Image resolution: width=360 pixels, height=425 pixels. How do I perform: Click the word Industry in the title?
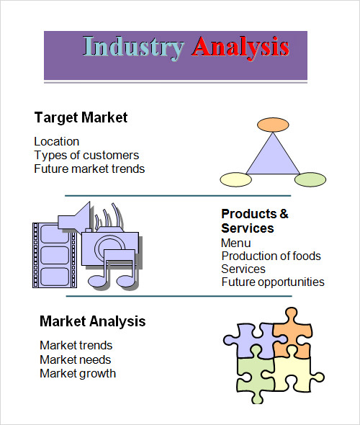(x=133, y=48)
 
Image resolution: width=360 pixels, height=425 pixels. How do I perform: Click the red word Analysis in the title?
(x=240, y=48)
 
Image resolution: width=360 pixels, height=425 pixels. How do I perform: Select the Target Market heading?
(x=81, y=118)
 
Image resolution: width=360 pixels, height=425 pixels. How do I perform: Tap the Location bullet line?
(x=57, y=141)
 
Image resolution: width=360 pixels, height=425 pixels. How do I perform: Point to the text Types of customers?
(x=86, y=156)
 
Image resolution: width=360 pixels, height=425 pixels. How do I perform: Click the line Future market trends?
(x=89, y=169)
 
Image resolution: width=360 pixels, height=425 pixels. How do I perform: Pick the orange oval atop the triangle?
(x=273, y=125)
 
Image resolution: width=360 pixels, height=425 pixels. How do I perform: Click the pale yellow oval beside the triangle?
(x=235, y=179)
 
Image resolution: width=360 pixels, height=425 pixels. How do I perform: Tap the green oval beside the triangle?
(x=310, y=179)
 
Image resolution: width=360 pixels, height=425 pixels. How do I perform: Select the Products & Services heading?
(x=255, y=221)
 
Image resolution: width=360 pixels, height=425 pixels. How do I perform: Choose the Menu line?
(x=236, y=243)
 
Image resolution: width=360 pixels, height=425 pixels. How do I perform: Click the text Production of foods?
(x=271, y=256)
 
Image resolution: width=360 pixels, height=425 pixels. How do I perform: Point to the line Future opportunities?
(x=273, y=282)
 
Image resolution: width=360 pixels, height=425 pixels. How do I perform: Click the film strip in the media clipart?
(x=55, y=255)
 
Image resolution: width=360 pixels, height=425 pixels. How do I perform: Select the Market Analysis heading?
(x=93, y=321)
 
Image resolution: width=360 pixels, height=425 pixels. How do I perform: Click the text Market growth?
(x=78, y=374)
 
